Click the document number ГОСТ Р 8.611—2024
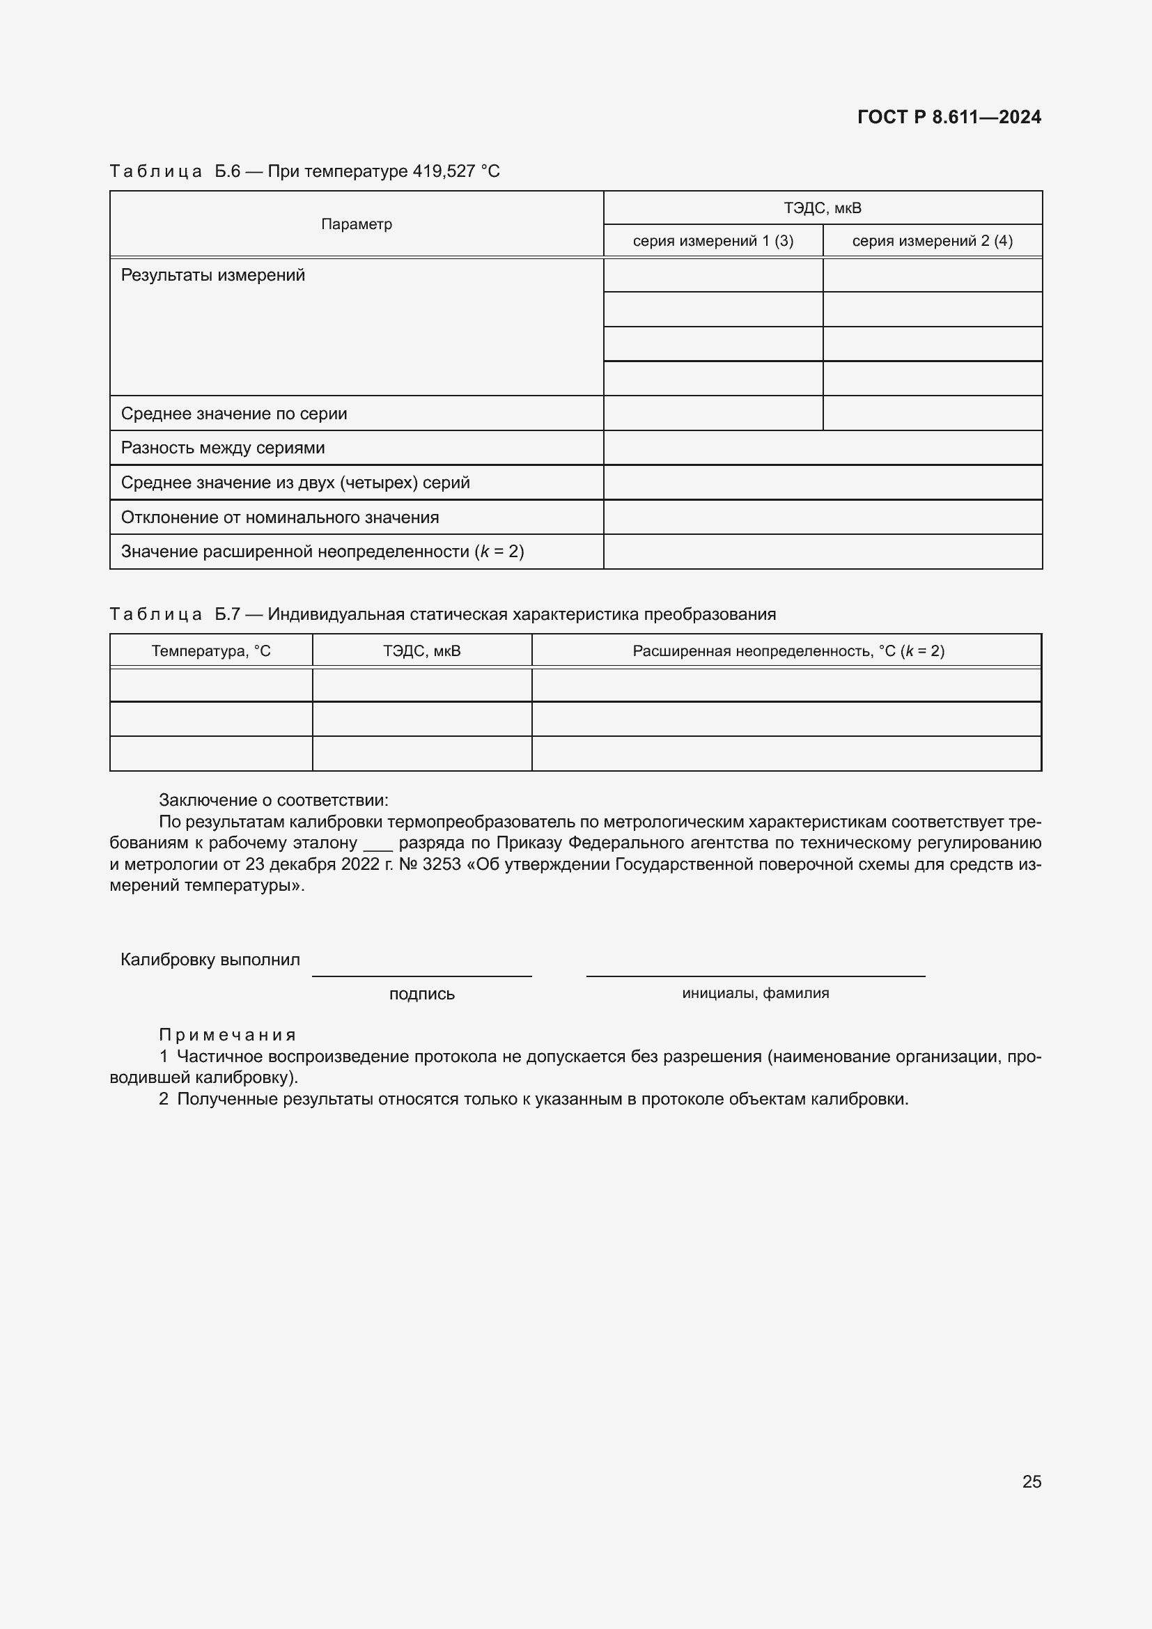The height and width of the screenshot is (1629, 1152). pyautogui.click(x=949, y=117)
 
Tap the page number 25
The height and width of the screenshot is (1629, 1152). pyautogui.click(x=1032, y=1481)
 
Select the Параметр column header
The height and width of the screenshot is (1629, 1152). pyautogui.click(x=356, y=224)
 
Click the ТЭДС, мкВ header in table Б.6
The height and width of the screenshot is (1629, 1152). pyautogui.click(x=822, y=208)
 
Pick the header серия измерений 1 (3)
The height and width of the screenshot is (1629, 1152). pyautogui.click(x=713, y=240)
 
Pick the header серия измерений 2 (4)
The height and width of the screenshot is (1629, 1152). pyautogui.click(x=932, y=240)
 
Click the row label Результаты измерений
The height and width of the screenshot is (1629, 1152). pyautogui.click(x=213, y=275)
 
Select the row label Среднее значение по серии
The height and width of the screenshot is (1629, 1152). pyautogui.click(x=234, y=414)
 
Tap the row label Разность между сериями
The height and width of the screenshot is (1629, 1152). pyautogui.click(x=223, y=448)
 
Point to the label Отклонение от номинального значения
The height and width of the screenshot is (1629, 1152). pyautogui.click(x=279, y=517)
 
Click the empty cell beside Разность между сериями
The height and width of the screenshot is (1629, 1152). pyautogui.click(x=822, y=448)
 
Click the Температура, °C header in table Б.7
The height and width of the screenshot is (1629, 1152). pyautogui.click(x=210, y=650)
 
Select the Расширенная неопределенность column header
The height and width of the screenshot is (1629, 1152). pyautogui.click(x=788, y=650)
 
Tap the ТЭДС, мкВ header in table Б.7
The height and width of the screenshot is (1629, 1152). pyautogui.click(x=421, y=650)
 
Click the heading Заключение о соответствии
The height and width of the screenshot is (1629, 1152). pyautogui.click(x=273, y=800)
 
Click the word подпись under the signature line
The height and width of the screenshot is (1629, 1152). pyautogui.click(x=421, y=993)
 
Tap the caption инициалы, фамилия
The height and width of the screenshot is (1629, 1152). pyautogui.click(x=756, y=992)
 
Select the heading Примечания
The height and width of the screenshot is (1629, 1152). pyautogui.click(x=227, y=1034)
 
